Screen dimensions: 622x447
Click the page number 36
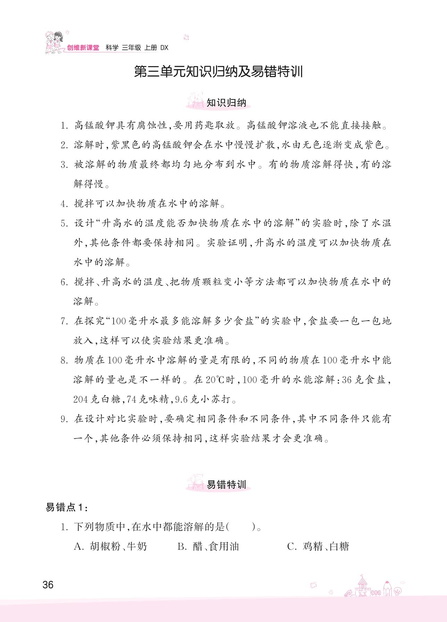click(48, 585)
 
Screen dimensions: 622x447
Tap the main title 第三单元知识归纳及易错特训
click(219, 72)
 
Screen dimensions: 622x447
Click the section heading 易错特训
click(226, 485)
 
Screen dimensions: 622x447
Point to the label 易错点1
click(67, 508)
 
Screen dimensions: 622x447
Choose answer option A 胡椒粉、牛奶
click(110, 546)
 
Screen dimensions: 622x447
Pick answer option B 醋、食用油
click(208, 546)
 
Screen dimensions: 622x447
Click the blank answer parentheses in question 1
click(241, 527)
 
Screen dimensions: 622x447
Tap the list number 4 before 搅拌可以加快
click(64, 204)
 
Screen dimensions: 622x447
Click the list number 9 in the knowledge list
click(64, 419)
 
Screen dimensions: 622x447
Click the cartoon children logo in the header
click(55, 43)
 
